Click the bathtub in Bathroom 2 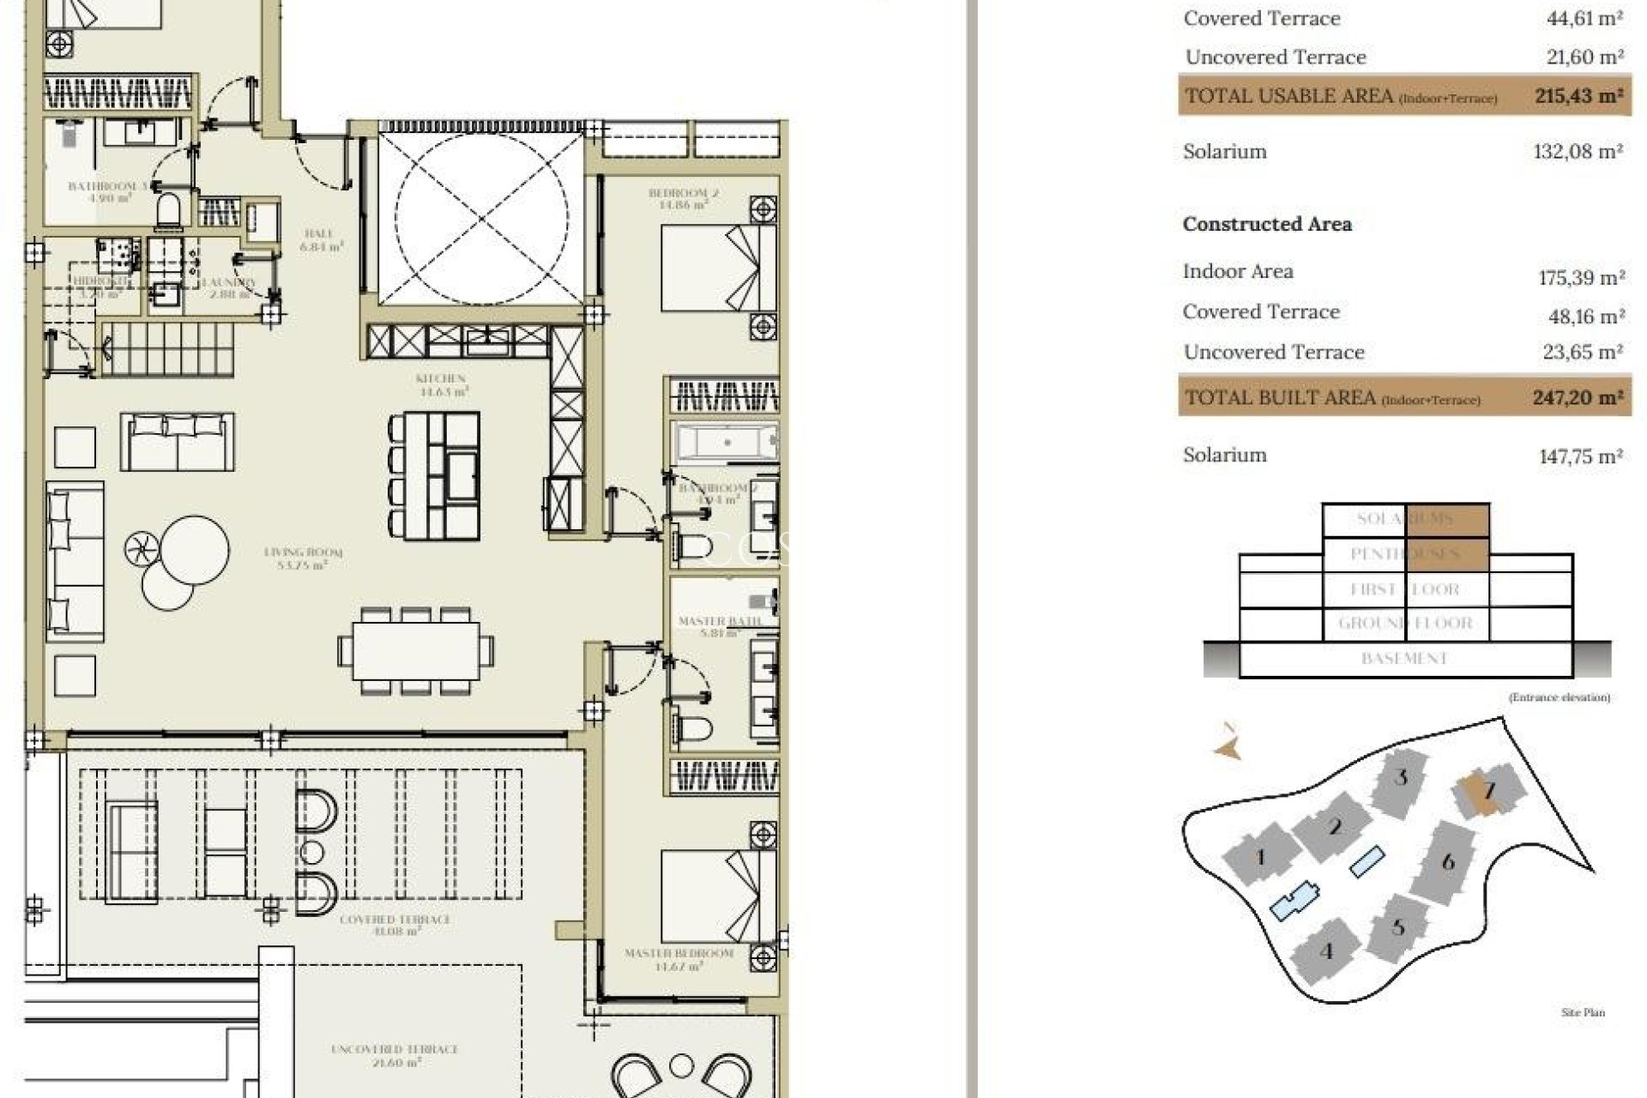727,443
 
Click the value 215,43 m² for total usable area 1578,96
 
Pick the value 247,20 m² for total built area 1577,398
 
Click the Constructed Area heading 1267,225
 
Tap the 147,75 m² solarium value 1580,456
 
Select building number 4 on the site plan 1327,951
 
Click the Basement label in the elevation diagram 1404,659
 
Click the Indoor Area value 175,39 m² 1581,278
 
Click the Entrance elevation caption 1559,697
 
